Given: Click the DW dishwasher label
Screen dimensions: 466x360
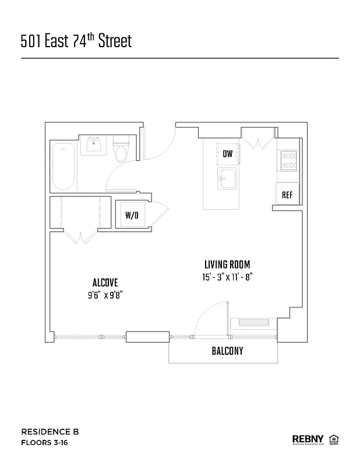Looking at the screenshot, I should coord(227,154).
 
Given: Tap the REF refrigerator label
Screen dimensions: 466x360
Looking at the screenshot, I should coord(287,195).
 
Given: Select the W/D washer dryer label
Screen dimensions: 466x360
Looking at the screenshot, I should coord(132,216).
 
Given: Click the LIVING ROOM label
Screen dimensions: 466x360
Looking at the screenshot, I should coord(227,264).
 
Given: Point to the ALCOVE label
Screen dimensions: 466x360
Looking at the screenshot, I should coord(105,283).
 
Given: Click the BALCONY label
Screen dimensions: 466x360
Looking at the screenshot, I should coord(227,351).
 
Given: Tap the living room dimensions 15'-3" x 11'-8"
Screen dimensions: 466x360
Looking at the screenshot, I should coord(227,277).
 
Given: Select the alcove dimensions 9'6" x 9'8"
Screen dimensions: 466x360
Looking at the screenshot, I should coord(105,295).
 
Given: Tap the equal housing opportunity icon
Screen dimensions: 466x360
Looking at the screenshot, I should coord(334,439).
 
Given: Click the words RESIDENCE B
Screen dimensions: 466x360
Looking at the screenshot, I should coord(50,432).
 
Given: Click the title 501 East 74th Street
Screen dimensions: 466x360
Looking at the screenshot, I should coord(76,41).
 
